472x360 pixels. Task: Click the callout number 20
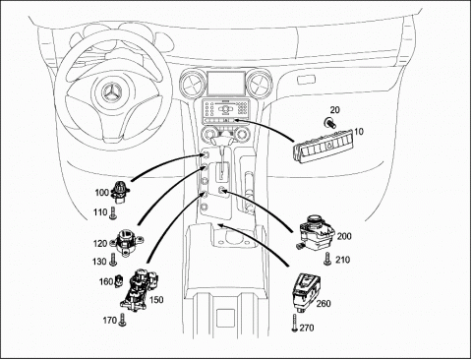334,110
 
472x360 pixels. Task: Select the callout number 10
359,132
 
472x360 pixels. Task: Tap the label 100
101,193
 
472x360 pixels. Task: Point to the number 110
100,212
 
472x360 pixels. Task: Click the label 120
100,244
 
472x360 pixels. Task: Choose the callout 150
156,300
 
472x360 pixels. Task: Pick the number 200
344,236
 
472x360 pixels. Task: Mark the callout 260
324,304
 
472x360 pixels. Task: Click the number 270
307,328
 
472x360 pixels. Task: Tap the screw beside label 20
328,123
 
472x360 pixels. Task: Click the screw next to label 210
326,259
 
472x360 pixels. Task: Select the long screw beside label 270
294,323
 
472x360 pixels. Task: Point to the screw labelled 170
123,320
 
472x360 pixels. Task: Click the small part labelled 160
119,281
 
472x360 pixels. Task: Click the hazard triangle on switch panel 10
328,148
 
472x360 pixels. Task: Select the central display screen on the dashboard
226,84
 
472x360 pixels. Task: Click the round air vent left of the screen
192,84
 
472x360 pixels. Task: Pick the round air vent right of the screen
261,84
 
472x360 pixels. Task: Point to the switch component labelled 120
126,242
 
